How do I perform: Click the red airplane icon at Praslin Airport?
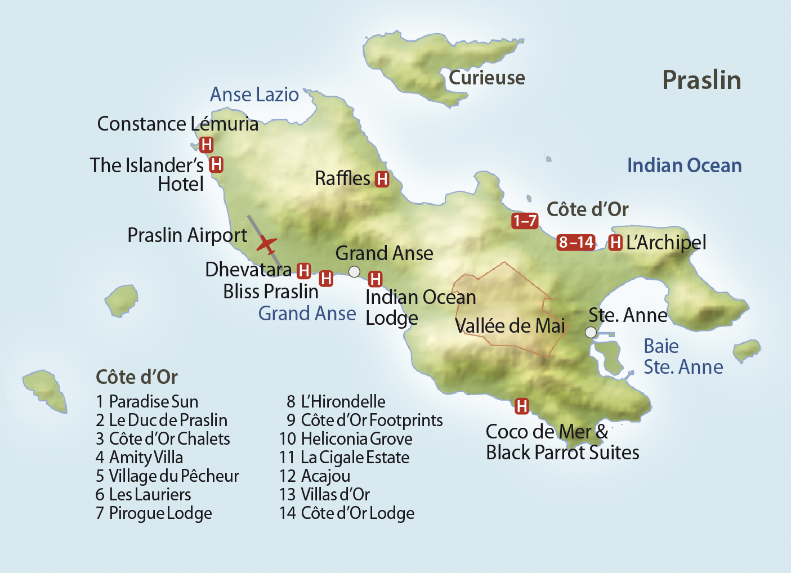266,245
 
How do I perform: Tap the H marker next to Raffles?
382,179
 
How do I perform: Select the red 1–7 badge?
525,221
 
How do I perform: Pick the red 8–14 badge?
576,243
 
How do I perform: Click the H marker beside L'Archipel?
615,243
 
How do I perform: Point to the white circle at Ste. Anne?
591,332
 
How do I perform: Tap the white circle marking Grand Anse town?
354,272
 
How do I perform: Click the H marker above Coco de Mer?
522,406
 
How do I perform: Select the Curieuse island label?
486,78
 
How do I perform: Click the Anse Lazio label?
254,95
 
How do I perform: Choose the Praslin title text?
701,80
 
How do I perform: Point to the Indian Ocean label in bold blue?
684,165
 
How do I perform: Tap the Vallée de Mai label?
510,326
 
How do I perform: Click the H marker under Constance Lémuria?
207,145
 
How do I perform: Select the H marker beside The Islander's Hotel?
216,165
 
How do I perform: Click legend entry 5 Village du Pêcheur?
167,476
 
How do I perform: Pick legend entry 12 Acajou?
315,476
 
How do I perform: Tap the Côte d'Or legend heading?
137,377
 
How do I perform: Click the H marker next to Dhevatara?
304,271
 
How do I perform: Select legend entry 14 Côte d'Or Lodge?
347,513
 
